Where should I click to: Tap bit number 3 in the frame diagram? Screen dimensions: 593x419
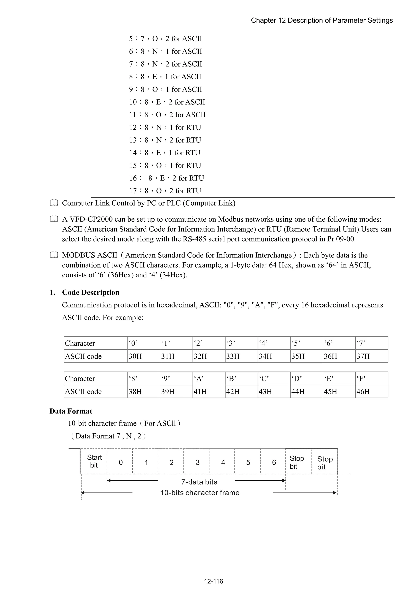click(x=197, y=462)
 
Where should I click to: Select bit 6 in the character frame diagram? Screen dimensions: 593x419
click(x=274, y=462)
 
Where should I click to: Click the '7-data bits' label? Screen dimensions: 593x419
click(x=199, y=482)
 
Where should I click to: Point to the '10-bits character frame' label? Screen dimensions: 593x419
click(x=200, y=492)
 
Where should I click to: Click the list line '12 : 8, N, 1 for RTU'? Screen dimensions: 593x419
click(x=165, y=127)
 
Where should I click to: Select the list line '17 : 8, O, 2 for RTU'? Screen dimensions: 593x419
click(x=165, y=191)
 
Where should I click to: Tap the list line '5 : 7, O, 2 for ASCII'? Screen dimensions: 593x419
click(x=166, y=39)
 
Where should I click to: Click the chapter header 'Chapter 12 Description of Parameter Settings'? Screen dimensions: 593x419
click(x=322, y=20)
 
